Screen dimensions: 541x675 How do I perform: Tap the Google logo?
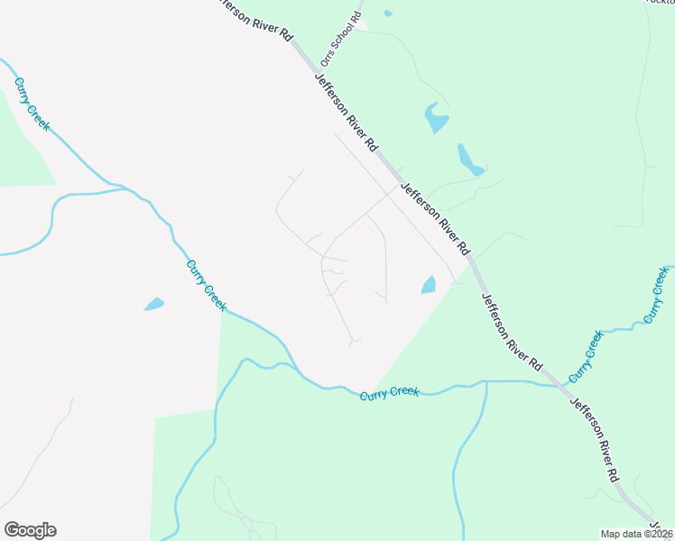[x=30, y=530]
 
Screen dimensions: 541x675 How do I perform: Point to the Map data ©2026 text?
[x=637, y=534]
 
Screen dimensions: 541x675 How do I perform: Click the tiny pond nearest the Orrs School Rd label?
[x=387, y=14]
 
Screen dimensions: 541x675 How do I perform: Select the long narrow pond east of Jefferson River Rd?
[x=470, y=160]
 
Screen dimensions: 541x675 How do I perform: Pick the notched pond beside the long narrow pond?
[x=435, y=118]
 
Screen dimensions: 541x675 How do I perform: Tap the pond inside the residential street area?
[x=428, y=285]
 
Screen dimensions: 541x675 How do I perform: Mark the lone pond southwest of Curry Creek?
[x=154, y=304]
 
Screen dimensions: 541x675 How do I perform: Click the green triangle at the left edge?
[x=23, y=144]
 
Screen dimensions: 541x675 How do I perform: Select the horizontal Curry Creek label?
[x=389, y=394]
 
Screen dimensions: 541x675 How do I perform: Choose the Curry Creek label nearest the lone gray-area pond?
[x=206, y=285]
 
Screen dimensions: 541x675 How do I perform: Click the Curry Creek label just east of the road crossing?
[x=586, y=356]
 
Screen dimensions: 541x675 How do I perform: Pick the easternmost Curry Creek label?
[x=657, y=295]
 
